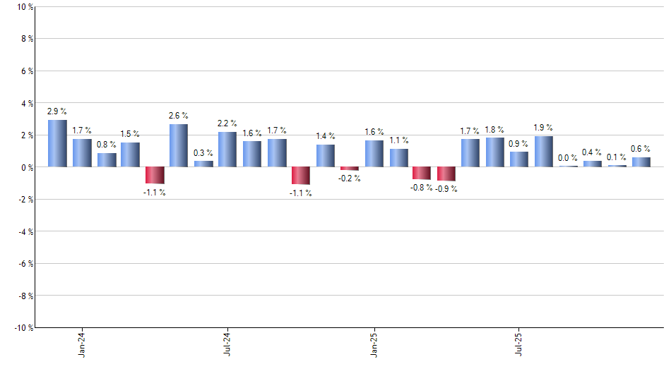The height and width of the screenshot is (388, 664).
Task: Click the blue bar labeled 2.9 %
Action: click(x=57, y=143)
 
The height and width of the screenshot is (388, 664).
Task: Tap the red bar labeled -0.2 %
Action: click(x=349, y=169)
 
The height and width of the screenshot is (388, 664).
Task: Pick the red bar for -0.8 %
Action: click(x=422, y=173)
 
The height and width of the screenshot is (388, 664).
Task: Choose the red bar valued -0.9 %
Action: click(x=446, y=174)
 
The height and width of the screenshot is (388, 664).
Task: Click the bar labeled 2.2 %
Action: click(x=227, y=149)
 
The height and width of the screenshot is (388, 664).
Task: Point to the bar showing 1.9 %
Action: click(x=543, y=151)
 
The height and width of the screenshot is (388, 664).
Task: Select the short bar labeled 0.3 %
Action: click(x=203, y=164)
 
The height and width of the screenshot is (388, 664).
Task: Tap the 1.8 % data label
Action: click(x=494, y=130)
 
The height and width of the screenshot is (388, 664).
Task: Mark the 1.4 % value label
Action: click(x=326, y=136)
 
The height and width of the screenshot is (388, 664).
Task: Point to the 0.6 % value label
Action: click(x=641, y=149)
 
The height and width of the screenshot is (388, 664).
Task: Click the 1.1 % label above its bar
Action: click(x=399, y=140)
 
